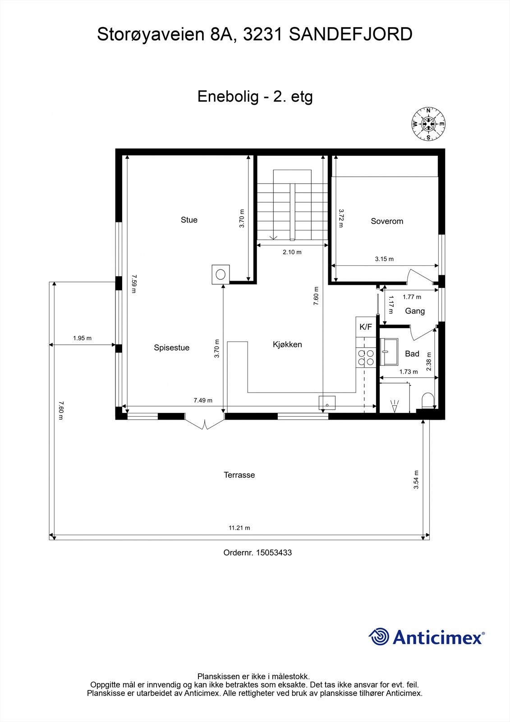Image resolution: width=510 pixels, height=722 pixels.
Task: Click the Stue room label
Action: (x=189, y=220)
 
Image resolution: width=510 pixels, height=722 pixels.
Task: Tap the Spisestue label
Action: (x=171, y=347)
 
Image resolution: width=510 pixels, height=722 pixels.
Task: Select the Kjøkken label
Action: (x=287, y=344)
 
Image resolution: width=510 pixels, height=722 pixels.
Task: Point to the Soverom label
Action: (x=387, y=221)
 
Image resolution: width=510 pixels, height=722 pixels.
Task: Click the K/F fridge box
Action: (x=366, y=327)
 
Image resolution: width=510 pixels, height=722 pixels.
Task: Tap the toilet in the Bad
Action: (x=427, y=401)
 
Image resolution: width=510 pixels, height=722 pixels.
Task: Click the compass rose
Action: (x=428, y=124)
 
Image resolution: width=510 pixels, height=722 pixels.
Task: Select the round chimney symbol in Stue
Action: (x=221, y=274)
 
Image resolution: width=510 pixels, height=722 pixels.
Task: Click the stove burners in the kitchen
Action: (x=366, y=357)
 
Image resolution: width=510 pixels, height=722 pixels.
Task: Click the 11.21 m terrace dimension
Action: (x=239, y=528)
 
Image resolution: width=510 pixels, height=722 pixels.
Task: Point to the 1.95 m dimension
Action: (x=82, y=338)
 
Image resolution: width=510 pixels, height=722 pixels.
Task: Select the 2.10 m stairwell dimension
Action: (x=292, y=252)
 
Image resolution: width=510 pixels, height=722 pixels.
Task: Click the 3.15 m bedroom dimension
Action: (x=384, y=259)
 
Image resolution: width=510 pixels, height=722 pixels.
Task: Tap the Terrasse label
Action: (x=239, y=475)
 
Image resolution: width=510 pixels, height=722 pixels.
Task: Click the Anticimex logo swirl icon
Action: (x=379, y=637)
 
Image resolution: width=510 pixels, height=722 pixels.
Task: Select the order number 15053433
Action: (x=274, y=552)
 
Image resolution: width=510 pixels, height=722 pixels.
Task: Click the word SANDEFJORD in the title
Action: (x=350, y=34)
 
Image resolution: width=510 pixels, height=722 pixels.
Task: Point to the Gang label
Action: (x=414, y=311)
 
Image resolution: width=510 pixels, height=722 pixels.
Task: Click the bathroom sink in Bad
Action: (x=389, y=352)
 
